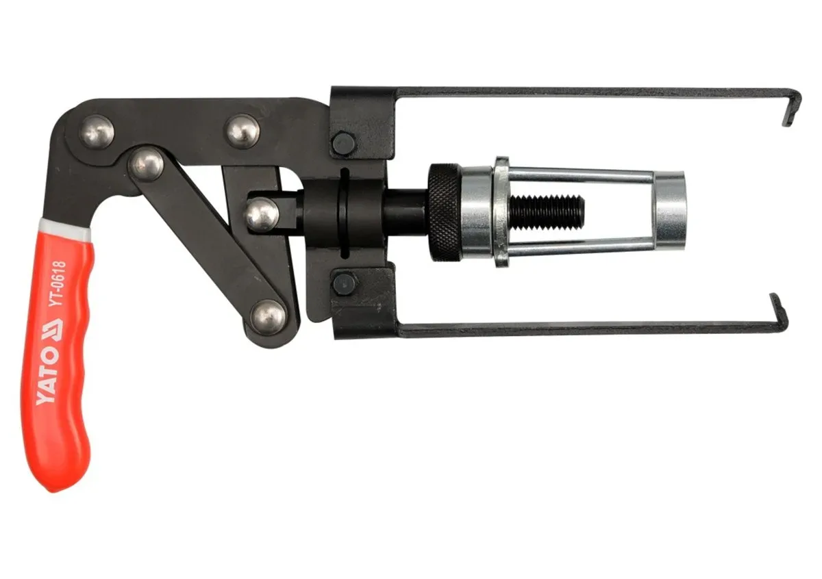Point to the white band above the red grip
pyautogui.click(x=64, y=228)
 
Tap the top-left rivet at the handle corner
pyautogui.click(x=97, y=132)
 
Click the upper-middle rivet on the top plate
pyautogui.click(x=242, y=131)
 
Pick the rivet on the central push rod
pyautogui.click(x=262, y=214)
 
